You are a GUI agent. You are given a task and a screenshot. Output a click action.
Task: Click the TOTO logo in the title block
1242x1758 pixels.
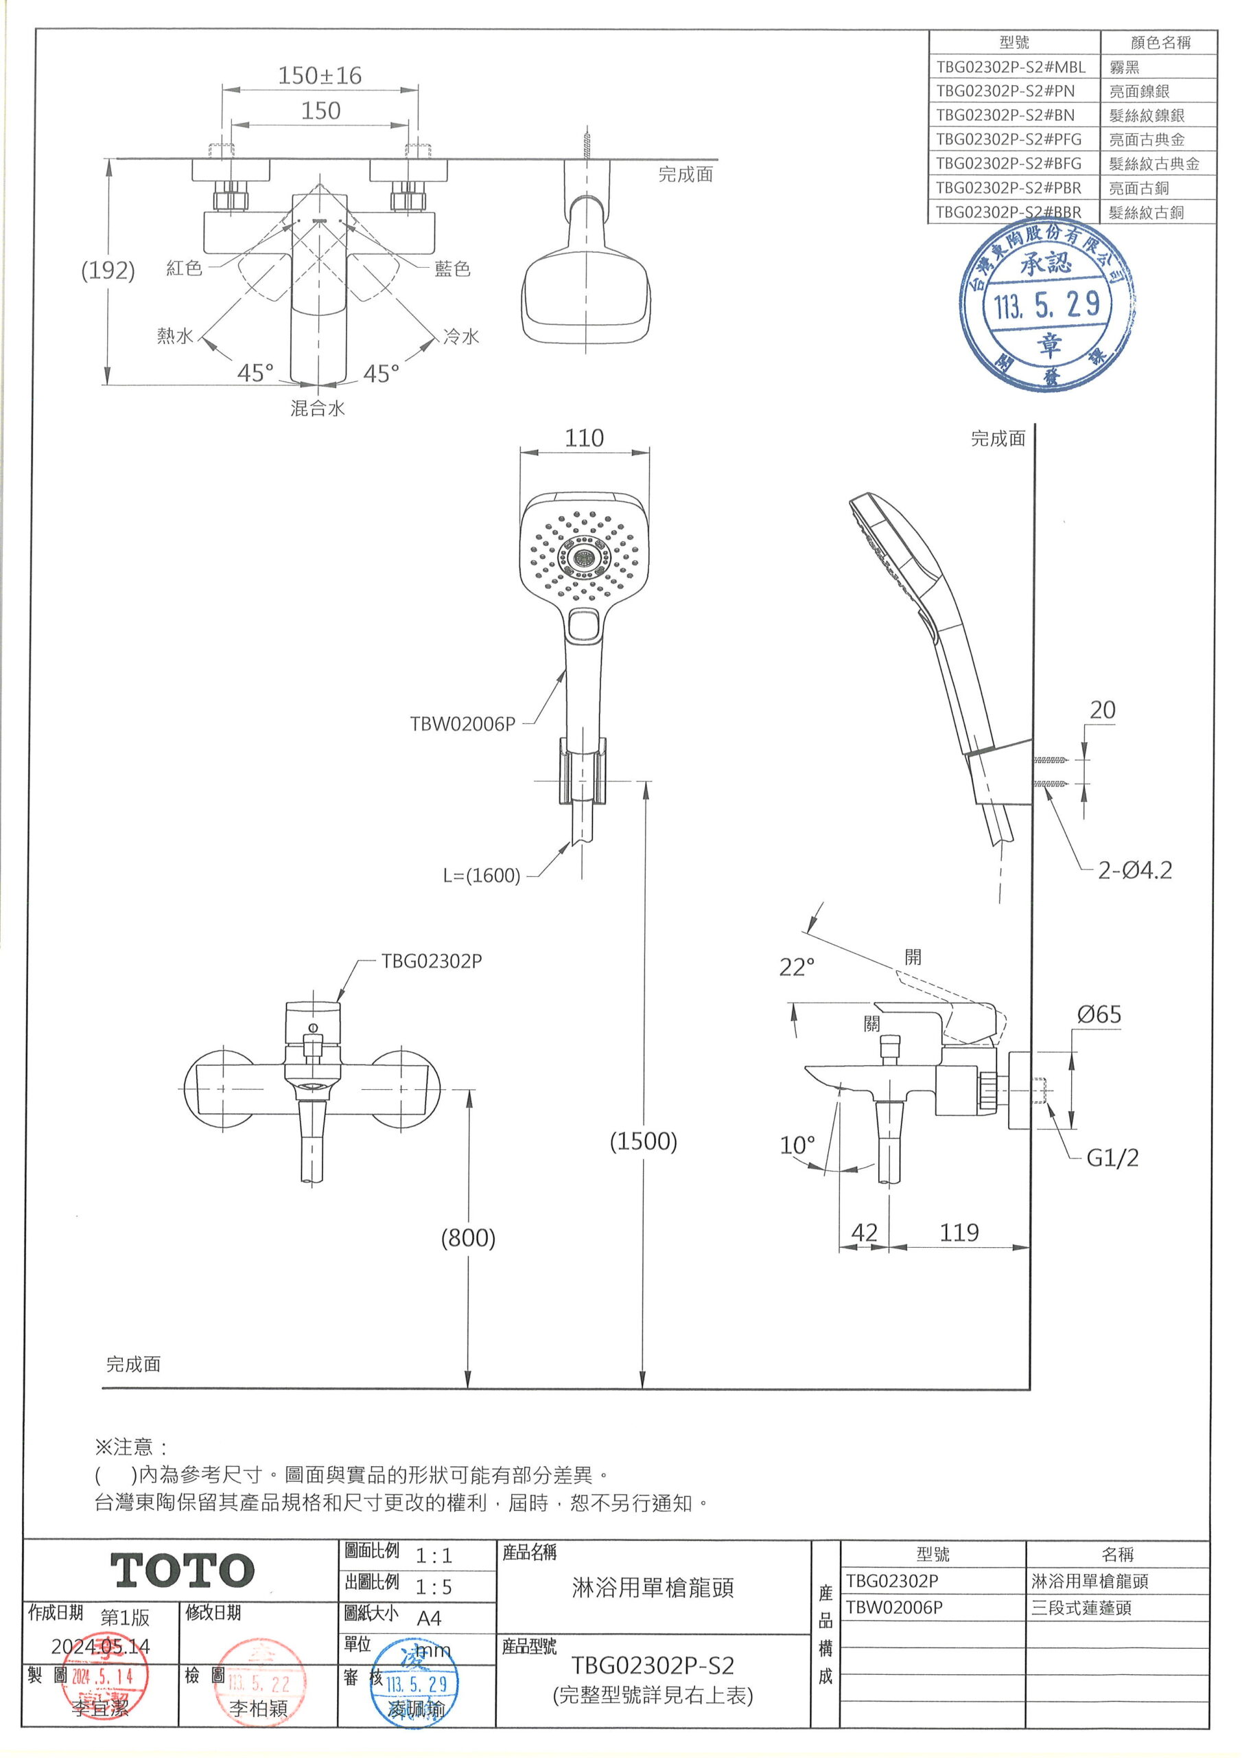pos(182,1571)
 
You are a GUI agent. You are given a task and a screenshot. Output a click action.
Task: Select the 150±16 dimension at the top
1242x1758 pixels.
pos(319,76)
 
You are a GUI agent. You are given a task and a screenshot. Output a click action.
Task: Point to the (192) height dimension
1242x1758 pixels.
pos(108,271)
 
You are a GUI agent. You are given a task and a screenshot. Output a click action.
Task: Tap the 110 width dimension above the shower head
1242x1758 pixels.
pos(584,438)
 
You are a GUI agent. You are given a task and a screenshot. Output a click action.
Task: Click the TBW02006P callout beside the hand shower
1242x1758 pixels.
pos(462,724)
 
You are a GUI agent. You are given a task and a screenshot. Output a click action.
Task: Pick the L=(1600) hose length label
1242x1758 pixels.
pos(481,875)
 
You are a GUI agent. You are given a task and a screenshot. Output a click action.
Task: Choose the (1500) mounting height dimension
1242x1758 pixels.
pos(643,1141)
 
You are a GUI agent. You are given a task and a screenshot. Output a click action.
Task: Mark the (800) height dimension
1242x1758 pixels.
pos(467,1237)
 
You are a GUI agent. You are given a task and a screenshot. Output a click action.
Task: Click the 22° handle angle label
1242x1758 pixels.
pos(797,968)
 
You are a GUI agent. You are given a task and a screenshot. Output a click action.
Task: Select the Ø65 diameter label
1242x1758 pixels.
pos(1098,1015)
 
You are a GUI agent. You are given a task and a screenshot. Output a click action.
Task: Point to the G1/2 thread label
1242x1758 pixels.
pos(1112,1158)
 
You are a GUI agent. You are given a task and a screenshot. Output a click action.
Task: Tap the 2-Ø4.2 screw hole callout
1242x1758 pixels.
pos(1134,871)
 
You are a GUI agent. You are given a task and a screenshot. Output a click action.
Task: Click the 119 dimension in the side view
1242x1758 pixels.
pos(959,1232)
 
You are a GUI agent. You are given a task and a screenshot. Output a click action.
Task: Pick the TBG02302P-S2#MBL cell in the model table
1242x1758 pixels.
pos(1010,67)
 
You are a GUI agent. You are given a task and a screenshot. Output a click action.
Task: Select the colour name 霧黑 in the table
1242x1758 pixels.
pos(1124,67)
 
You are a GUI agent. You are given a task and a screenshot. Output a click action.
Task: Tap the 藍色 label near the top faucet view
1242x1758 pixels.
pos(452,269)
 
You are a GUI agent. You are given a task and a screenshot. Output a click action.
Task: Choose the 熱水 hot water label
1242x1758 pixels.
pos(175,336)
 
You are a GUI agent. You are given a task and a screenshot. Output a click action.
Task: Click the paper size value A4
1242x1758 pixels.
pos(429,1618)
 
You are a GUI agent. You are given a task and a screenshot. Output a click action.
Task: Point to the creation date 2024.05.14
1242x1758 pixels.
pos(100,1646)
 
